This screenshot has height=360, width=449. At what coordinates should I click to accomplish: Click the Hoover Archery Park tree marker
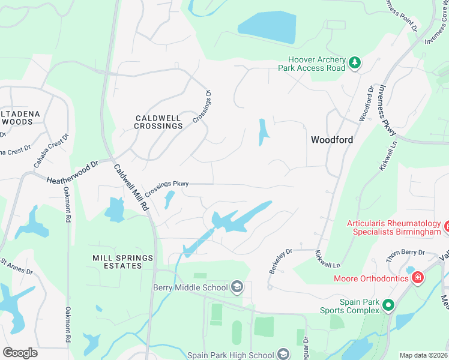coord(355,62)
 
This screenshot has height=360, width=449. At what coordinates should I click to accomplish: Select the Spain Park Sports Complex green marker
coord(388,306)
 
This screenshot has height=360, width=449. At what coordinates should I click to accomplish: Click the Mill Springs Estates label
coord(122,262)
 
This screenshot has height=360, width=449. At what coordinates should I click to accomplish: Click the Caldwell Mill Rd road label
coord(131,186)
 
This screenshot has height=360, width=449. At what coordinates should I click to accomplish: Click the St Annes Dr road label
coord(16,266)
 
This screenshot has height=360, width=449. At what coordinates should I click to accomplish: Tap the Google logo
coord(20,352)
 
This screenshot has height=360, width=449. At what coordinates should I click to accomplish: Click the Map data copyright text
coord(423,355)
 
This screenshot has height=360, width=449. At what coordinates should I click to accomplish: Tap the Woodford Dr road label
coord(366,104)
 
